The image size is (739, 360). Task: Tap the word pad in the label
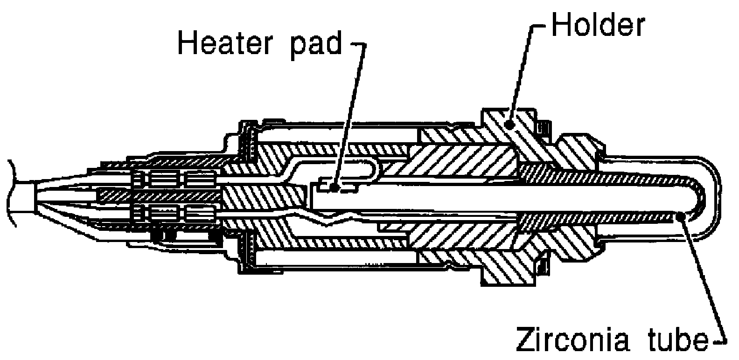[x=316, y=46]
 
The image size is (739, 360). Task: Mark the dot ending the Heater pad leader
[x=335, y=187]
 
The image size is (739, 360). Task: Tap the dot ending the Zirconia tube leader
[x=680, y=216]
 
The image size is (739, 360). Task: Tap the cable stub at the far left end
[x=21, y=194]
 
